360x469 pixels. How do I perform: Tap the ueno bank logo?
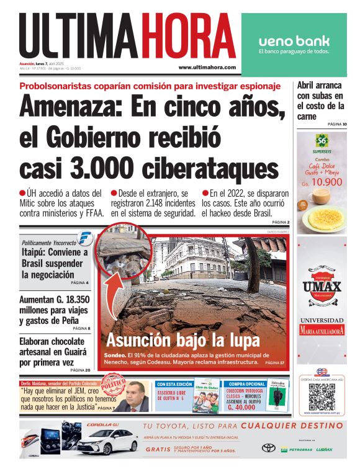pos(294,42)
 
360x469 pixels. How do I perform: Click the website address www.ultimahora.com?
pos(207,67)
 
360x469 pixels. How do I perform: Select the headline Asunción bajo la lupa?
pos(182,340)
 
